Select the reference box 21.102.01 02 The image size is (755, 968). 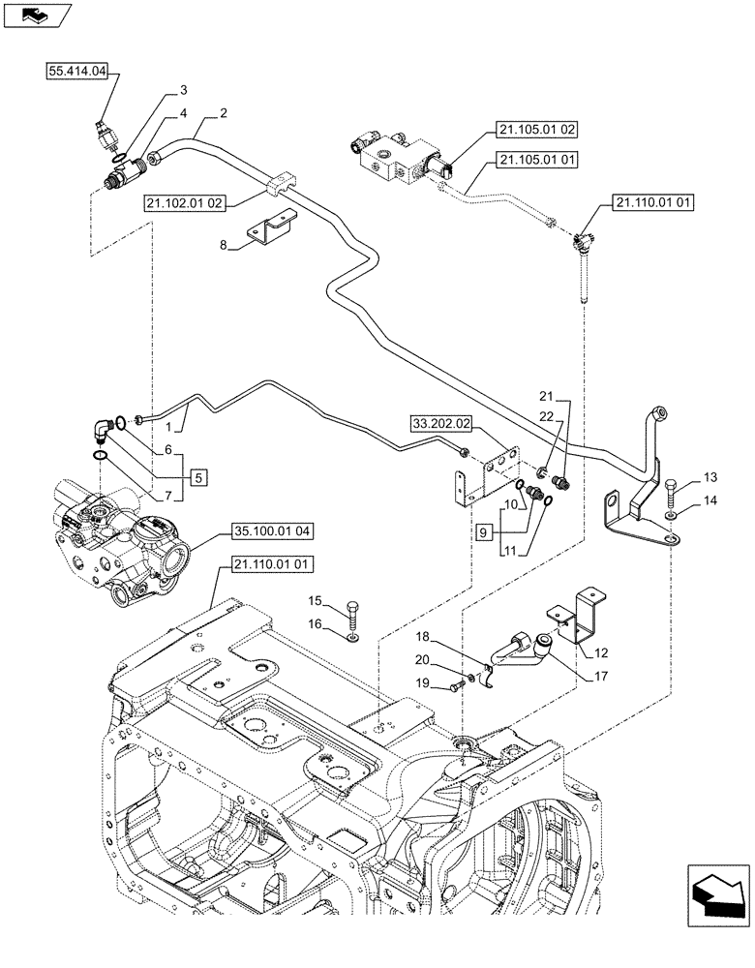(x=186, y=203)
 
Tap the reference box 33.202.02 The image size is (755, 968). (x=440, y=423)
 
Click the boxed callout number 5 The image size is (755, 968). (x=198, y=476)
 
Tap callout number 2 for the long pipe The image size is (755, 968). (x=224, y=113)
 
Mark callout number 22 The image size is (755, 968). (x=546, y=416)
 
